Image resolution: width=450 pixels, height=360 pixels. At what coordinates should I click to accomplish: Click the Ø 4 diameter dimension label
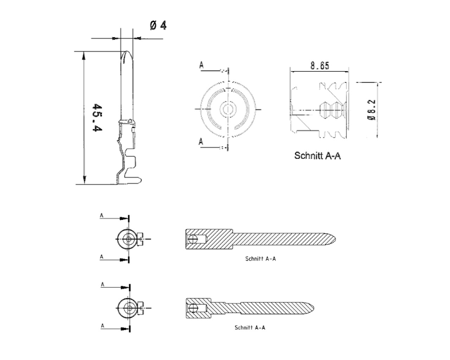[x=158, y=26]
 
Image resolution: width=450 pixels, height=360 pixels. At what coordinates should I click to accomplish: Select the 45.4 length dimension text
[x=97, y=117]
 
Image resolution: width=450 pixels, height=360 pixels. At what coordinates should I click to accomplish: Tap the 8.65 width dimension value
[x=320, y=65]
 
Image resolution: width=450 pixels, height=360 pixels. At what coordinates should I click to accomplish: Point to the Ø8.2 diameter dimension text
[x=371, y=110]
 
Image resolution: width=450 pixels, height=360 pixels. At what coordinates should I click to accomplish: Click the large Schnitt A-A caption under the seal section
[x=317, y=156]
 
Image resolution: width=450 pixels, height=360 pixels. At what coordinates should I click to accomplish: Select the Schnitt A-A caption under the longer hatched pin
[x=261, y=259]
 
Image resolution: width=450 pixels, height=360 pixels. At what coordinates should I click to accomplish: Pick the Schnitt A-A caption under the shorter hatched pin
[x=250, y=328]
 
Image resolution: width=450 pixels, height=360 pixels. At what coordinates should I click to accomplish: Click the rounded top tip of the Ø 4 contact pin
[x=127, y=52]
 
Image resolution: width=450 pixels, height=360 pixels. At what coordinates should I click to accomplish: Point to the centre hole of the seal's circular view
[x=228, y=109]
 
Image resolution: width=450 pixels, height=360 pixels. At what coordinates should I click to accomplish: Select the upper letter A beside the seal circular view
[x=201, y=65]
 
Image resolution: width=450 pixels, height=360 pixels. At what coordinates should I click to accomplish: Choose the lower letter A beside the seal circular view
[x=201, y=142]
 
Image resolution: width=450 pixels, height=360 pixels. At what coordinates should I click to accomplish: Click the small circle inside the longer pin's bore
[x=192, y=239]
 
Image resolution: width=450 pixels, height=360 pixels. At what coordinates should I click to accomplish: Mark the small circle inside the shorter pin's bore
[x=192, y=308]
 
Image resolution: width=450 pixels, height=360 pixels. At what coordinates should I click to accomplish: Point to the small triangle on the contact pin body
[x=130, y=121]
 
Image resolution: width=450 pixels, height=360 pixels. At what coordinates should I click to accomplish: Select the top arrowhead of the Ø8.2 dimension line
[x=377, y=85]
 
